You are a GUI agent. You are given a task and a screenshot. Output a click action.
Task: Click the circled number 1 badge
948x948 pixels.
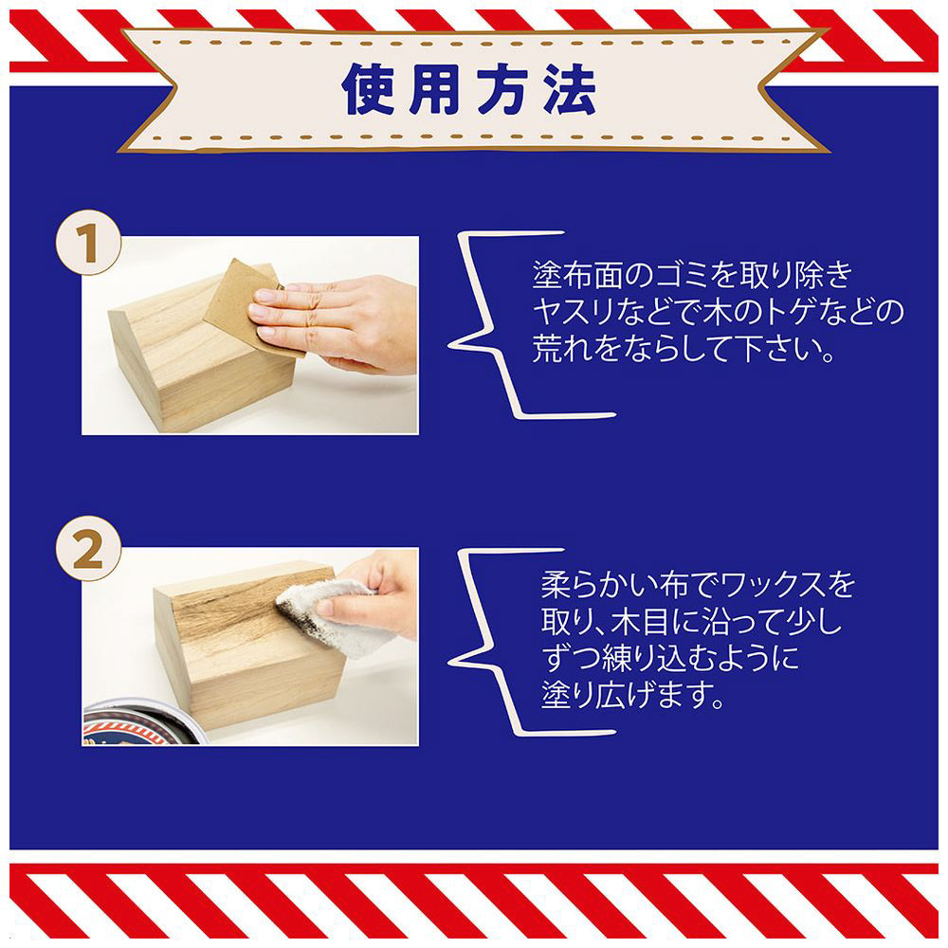89,242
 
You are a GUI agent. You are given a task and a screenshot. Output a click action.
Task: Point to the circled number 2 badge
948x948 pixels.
89,549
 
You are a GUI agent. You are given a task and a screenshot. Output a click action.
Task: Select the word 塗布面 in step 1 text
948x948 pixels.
585,276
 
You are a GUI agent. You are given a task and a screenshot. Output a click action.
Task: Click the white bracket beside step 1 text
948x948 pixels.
483,324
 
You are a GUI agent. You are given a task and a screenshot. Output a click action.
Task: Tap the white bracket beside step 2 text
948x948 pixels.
483,642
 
